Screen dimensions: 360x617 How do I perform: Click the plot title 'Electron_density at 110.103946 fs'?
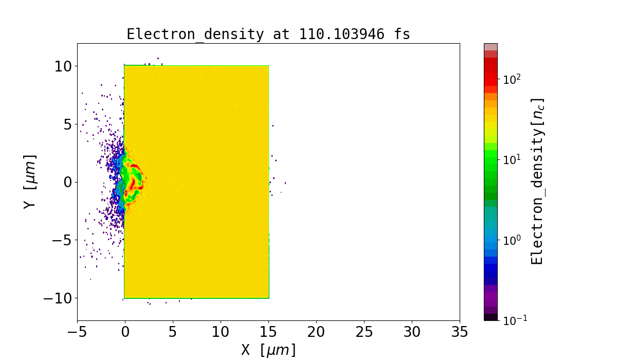[x=268, y=34]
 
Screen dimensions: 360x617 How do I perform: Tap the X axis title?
[x=268, y=350]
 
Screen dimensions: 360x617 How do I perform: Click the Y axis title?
[x=30, y=181]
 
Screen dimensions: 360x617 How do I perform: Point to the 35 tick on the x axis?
[x=459, y=332]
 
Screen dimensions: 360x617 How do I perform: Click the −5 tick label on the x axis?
[x=77, y=332]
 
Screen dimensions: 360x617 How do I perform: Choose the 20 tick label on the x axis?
[x=316, y=332]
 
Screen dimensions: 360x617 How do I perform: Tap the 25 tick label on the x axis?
[x=364, y=332]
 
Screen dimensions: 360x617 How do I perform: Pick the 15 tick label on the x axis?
[x=268, y=332]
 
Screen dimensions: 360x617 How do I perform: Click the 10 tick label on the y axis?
[x=63, y=66]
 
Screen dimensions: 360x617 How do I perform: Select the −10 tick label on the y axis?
[x=56, y=298]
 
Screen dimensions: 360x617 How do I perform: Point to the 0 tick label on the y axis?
[x=67, y=182]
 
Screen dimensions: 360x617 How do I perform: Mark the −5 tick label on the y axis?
[x=60, y=240]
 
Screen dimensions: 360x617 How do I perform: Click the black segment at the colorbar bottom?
[x=491, y=317]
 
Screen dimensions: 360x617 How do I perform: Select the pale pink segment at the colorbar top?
[x=491, y=46]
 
